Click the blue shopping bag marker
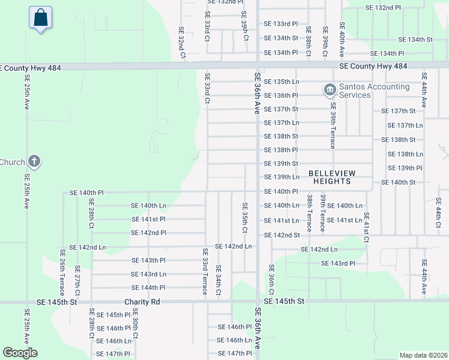coord(40,18)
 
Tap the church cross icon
coord(35,161)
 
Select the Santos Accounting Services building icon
coord(330,90)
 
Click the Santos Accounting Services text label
coord(374,91)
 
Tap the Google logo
coord(20,353)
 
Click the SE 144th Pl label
coord(148,287)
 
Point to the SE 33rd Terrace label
coord(205,271)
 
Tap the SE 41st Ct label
coord(366,227)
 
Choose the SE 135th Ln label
coord(282,81)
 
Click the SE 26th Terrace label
coord(62,269)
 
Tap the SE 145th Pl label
coord(113,314)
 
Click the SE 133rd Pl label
coord(281,23)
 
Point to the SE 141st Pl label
coord(148,219)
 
